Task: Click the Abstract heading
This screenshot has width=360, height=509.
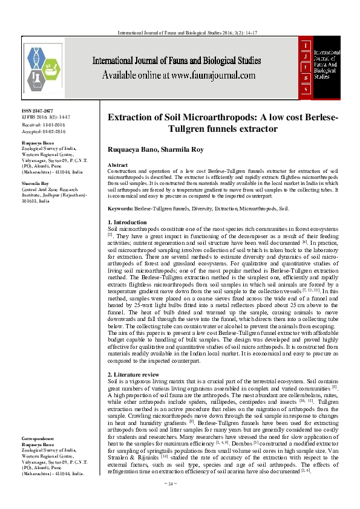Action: pos(117,165)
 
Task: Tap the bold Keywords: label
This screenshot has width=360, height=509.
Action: pos(120,208)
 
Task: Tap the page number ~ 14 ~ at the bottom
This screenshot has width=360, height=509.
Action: pos(180,501)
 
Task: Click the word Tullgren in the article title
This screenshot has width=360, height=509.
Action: pos(187,128)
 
